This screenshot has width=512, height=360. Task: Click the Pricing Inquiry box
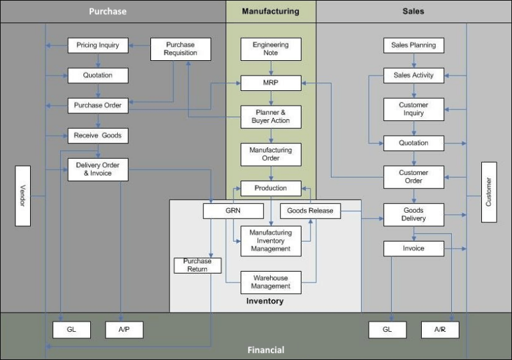[98, 45]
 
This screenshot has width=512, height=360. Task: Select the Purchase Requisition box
[180, 49]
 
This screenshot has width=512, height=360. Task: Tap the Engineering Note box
[271, 49]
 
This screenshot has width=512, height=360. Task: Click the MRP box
[271, 83]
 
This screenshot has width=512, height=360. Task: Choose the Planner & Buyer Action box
[271, 117]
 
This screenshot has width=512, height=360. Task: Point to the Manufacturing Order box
[271, 154]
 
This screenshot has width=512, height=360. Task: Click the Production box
[271, 188]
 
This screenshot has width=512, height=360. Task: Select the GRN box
[233, 211]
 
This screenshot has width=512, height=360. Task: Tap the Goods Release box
[310, 211]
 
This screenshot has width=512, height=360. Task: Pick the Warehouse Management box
[271, 282]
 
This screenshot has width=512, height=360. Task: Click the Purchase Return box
[197, 265]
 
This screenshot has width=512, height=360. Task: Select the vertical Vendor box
[23, 195]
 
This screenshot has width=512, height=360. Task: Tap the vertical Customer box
[489, 192]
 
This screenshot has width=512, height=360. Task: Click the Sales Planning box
[413, 45]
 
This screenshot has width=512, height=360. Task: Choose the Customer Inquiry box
[413, 109]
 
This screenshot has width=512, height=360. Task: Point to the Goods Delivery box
[413, 215]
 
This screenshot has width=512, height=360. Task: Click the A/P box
[124, 330]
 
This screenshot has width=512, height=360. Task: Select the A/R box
[440, 330]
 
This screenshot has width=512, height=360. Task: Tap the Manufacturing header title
[270, 12]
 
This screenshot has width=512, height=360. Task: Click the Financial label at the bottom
[266, 350]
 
